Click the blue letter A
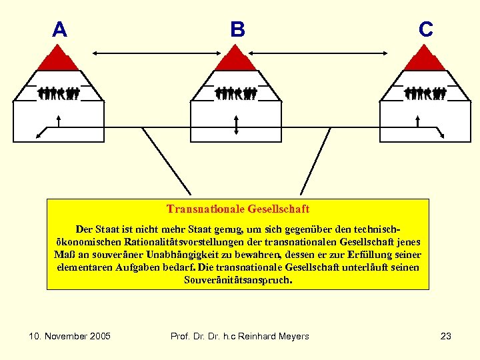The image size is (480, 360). tap(59, 30)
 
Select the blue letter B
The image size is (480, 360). tap(237, 30)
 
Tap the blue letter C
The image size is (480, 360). tap(426, 29)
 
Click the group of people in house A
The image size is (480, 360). tap(59, 93)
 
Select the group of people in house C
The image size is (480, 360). tap(425, 93)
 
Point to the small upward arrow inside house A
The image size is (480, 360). tap(60, 120)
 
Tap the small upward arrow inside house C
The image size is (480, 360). tap(417, 120)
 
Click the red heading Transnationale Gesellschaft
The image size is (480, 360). tap(238, 209)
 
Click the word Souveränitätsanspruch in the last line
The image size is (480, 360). tap(237, 280)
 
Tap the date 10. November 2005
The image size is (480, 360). tap(70, 336)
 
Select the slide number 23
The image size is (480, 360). tap(446, 336)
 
